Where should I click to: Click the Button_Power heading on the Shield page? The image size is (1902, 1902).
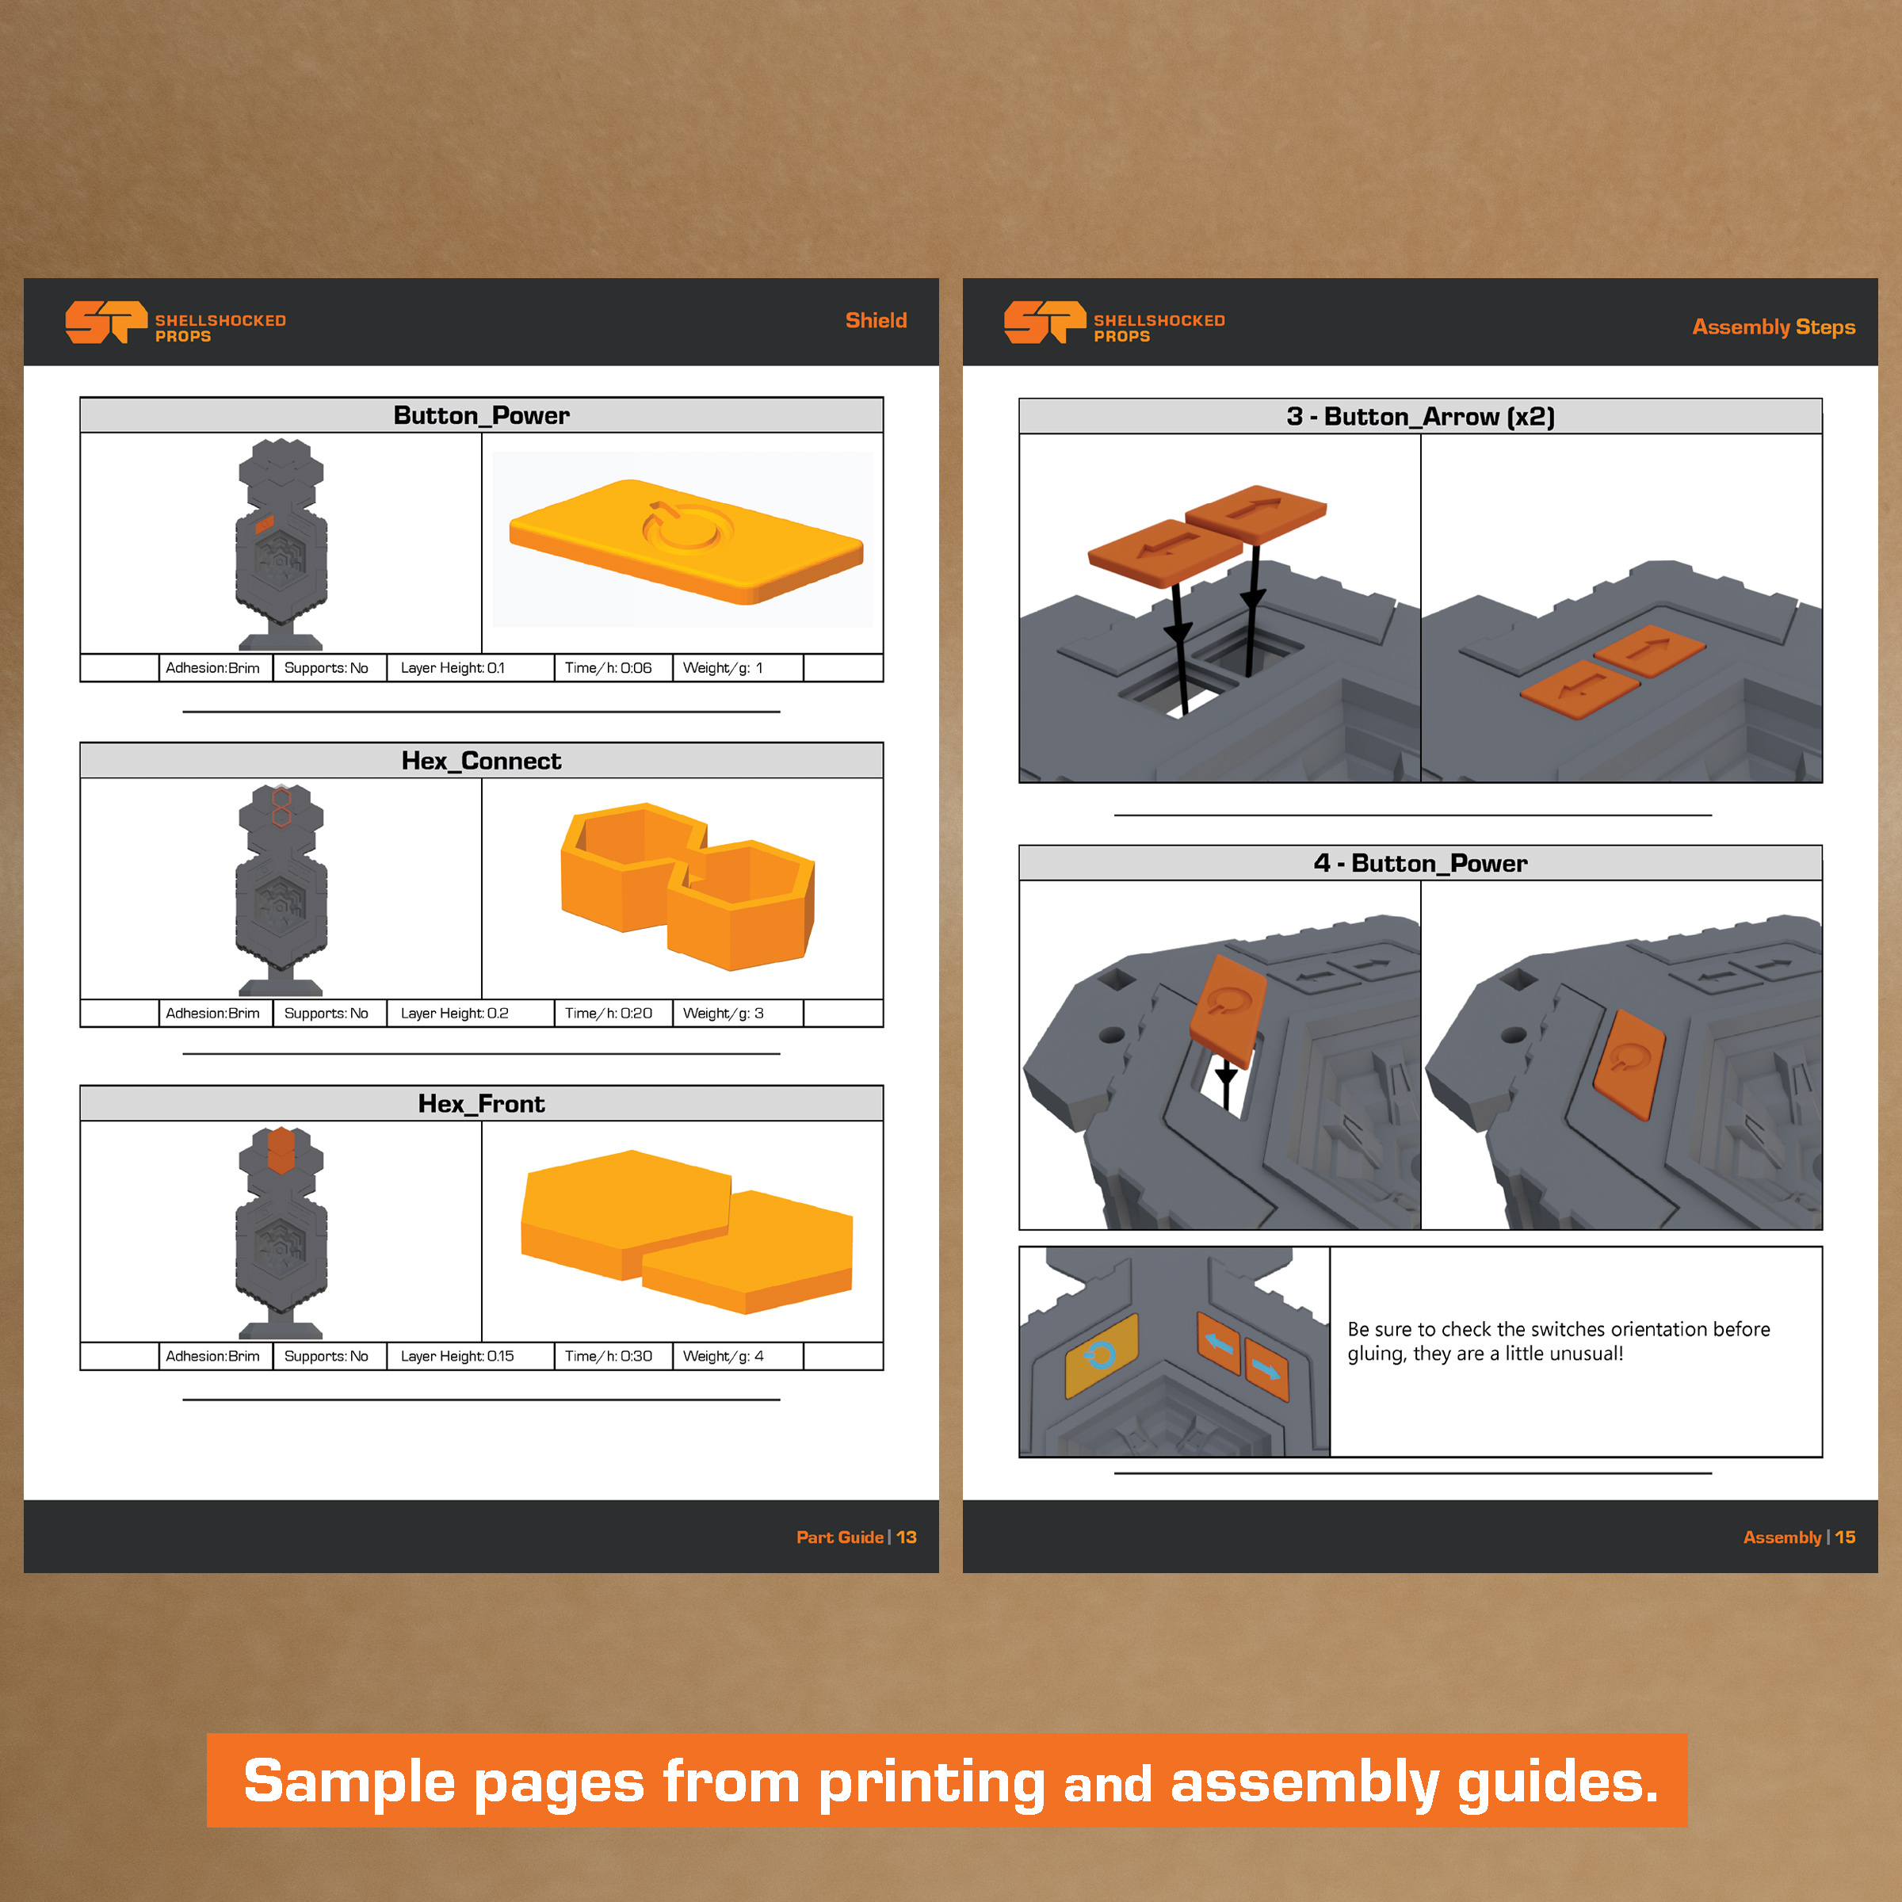tap(481, 415)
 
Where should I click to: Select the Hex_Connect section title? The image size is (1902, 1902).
tap(481, 761)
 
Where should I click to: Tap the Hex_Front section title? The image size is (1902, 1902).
tap(481, 1104)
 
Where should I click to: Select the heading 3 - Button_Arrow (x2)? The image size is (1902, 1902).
tap(1421, 416)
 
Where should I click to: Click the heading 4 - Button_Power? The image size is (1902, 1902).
tap(1421, 863)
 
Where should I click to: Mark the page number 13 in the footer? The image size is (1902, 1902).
tap(907, 1537)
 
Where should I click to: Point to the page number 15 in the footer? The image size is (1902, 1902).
tap(1845, 1537)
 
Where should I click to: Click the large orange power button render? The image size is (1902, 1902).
tap(686, 540)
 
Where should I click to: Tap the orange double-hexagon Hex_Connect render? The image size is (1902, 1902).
tap(687, 885)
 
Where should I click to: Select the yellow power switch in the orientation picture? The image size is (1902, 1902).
tap(1102, 1356)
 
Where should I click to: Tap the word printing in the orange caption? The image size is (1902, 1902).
tap(931, 1784)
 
